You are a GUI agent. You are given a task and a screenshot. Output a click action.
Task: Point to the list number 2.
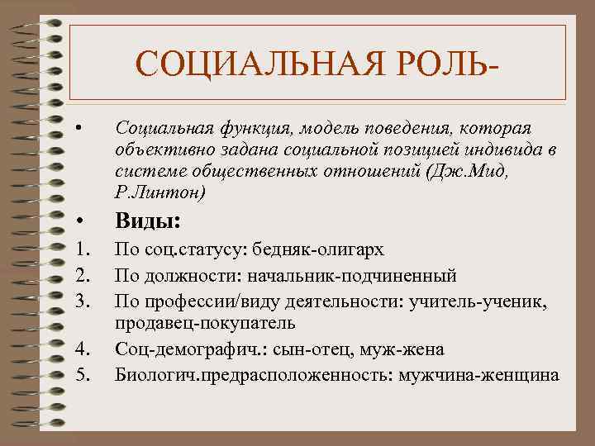[x=80, y=275]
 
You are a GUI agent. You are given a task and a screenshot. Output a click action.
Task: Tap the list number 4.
[x=80, y=350]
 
